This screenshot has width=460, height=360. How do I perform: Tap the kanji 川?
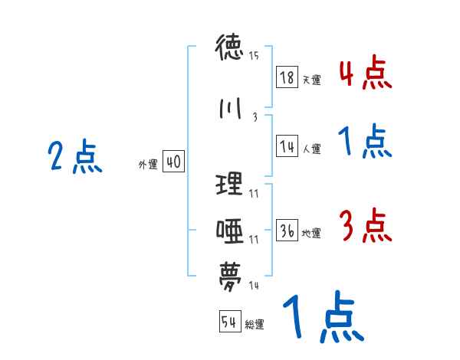230,109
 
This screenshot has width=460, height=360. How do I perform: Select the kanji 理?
230,185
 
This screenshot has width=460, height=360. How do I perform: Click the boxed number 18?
287,77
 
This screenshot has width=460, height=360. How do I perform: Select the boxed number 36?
287,231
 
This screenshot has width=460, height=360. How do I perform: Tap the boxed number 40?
173,162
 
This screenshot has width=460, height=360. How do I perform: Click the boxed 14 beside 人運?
287,146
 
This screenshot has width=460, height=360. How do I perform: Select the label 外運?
147,164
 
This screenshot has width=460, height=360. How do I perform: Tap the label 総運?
255,324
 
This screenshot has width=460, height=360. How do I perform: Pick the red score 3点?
365,226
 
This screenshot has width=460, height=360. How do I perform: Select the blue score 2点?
75,158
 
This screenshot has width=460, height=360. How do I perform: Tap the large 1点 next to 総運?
322,318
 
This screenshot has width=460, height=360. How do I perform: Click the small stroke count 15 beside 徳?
254,55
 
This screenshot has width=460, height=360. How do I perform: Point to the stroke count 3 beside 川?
254,118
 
